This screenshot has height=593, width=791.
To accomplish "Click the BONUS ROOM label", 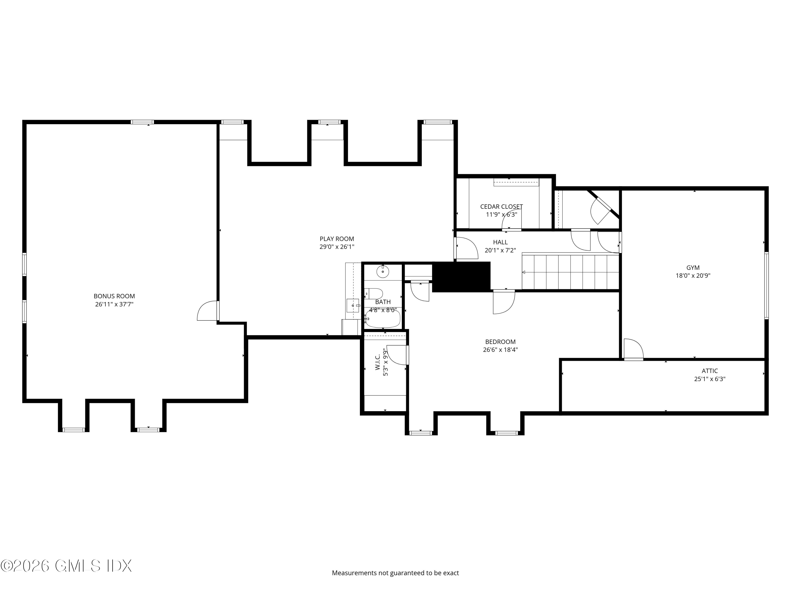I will click(114, 296).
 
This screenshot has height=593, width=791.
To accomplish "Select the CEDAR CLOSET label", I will click(501, 207).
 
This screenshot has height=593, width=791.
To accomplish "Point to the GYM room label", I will click(693, 267).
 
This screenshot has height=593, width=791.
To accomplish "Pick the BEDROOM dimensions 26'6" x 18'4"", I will click(500, 349).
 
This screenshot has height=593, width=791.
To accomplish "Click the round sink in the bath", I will click(383, 272).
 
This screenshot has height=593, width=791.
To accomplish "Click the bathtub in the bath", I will click(383, 319).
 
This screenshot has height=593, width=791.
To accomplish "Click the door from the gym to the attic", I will click(633, 349).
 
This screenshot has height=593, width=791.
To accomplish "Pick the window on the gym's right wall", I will click(766, 285).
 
